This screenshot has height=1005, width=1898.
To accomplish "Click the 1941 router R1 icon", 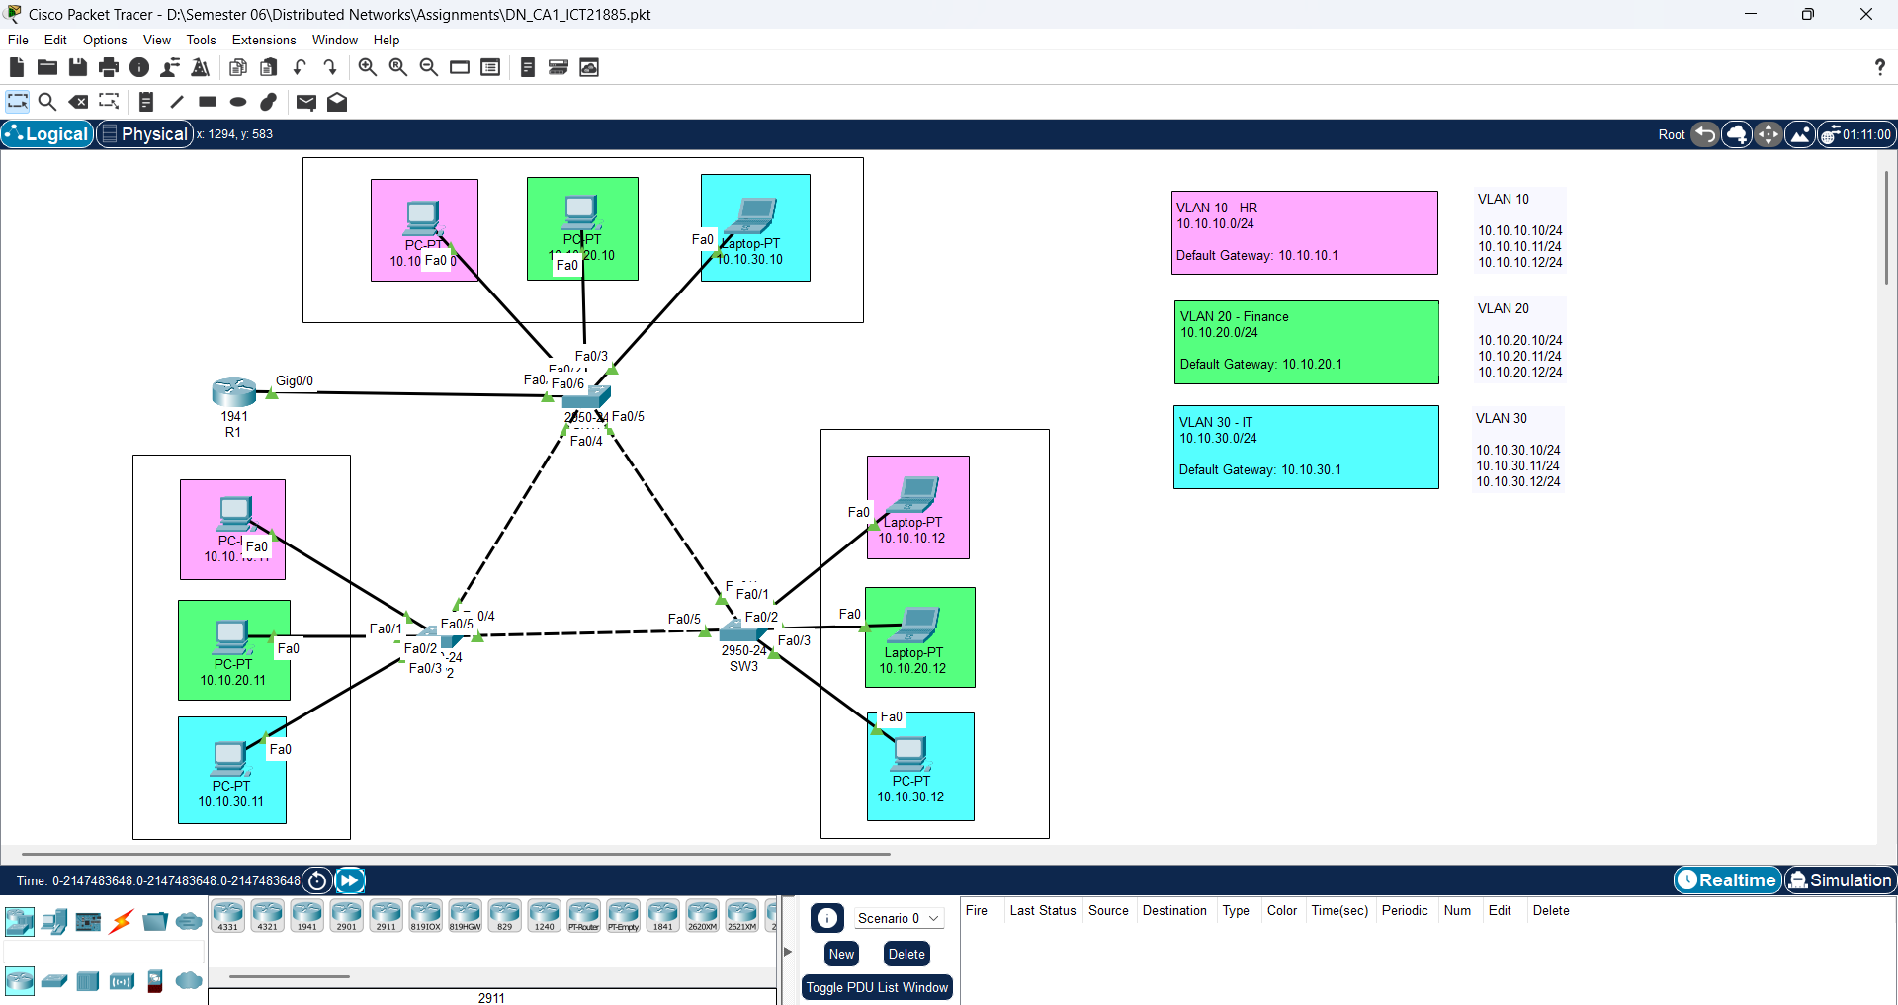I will tap(233, 392).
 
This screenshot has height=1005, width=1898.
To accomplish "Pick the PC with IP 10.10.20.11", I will tap(232, 636).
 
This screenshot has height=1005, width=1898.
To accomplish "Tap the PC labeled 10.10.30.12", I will tap(910, 754).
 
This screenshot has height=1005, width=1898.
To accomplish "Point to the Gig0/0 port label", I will tap(295, 381).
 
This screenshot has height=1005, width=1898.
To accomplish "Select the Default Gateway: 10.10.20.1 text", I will tap(1260, 365).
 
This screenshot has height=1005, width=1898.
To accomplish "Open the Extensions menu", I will tap(264, 41).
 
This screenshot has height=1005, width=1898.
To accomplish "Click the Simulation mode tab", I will tap(1840, 880).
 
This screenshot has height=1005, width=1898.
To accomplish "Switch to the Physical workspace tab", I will tap(145, 134).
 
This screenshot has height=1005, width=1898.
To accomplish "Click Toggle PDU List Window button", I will tap(877, 987).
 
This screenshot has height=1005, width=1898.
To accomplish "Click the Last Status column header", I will tap(1042, 911).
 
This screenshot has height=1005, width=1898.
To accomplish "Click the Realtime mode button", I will tap(1727, 880).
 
